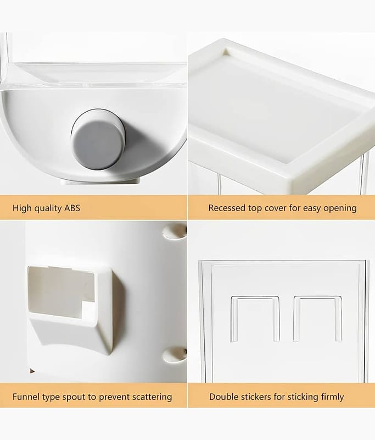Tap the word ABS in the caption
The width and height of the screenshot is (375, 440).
point(72,208)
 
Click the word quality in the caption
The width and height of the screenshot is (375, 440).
point(48,208)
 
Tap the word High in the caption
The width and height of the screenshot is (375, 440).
point(22,208)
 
